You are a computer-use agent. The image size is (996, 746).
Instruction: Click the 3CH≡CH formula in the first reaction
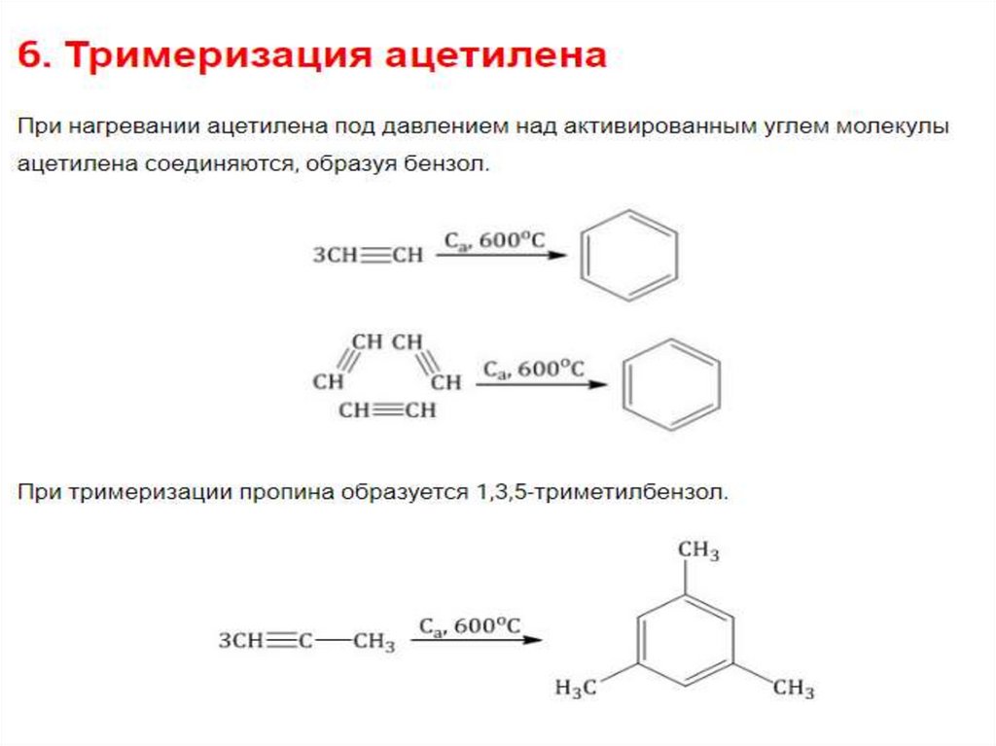coord(368,256)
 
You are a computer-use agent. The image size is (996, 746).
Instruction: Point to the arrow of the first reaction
coord(500,256)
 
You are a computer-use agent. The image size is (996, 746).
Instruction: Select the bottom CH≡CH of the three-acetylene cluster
coord(387,410)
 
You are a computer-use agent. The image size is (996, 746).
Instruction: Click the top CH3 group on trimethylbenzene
coord(698,551)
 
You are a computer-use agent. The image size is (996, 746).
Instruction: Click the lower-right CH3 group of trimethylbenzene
coord(793,689)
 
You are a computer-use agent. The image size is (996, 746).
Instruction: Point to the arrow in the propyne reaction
coord(476,640)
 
